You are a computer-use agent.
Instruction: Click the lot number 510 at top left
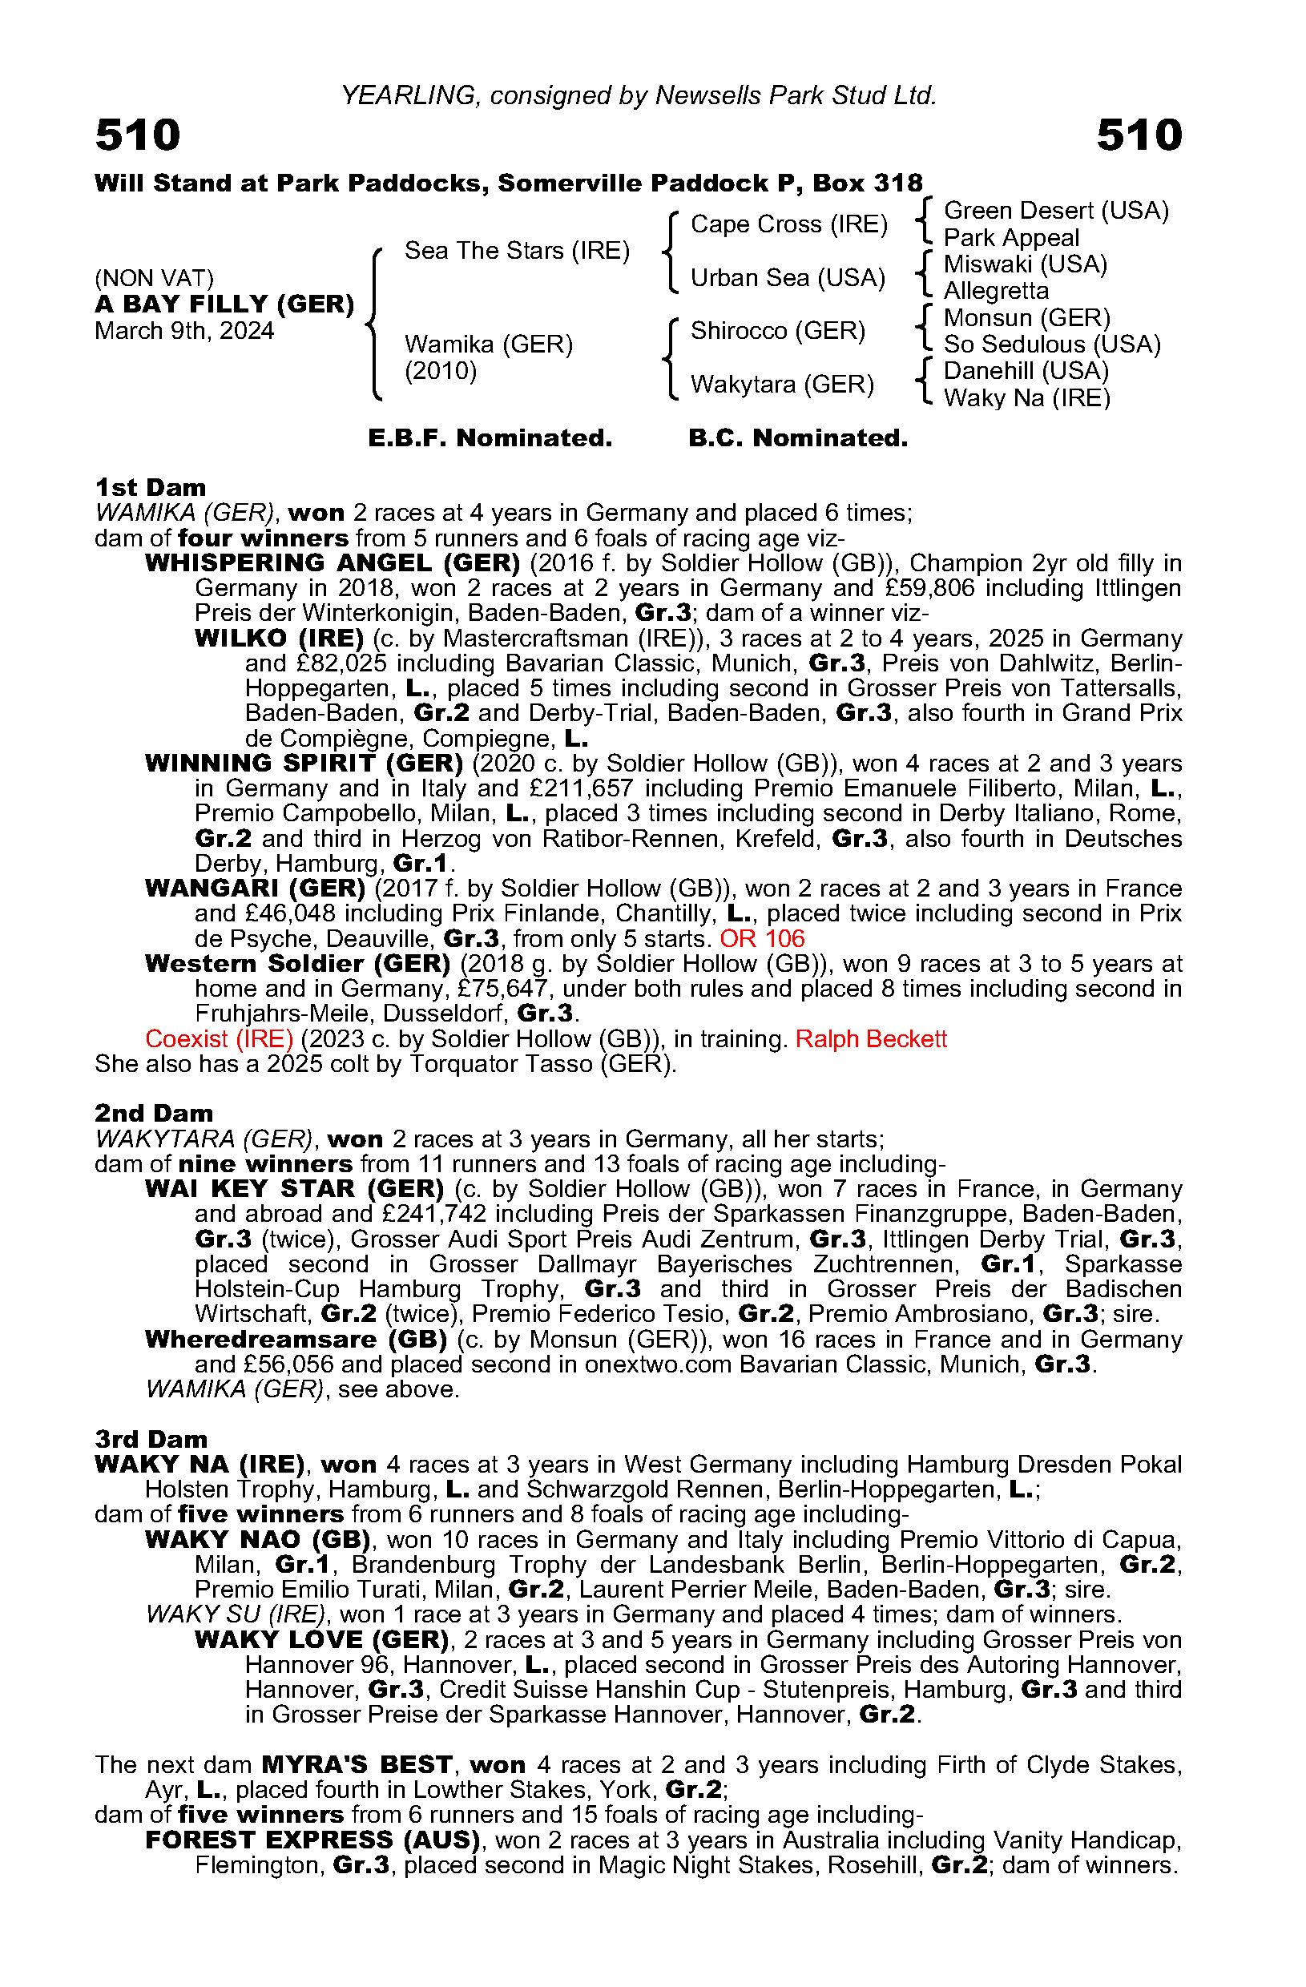coord(138,135)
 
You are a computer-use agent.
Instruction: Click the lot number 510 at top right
coord(1139,135)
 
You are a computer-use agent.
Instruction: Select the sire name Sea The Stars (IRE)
coord(517,251)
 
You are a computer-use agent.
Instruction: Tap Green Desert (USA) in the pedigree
coord(1055,211)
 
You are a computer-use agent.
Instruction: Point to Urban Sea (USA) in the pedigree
coord(788,277)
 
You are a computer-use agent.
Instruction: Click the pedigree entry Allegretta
coord(995,291)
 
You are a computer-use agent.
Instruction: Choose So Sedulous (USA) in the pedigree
coord(1051,344)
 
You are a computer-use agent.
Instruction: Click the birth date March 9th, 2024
coord(183,331)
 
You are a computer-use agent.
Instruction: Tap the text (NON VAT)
coord(155,277)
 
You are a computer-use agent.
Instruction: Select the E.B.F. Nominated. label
coord(490,437)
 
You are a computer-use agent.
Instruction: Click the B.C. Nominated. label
coord(797,437)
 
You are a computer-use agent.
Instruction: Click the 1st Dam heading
coord(151,488)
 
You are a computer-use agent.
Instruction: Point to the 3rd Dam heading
coord(151,1439)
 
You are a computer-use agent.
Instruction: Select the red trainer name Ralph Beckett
coord(871,1038)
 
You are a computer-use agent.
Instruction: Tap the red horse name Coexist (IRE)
coord(219,1038)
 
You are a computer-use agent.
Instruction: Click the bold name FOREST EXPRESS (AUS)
coord(313,1840)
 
